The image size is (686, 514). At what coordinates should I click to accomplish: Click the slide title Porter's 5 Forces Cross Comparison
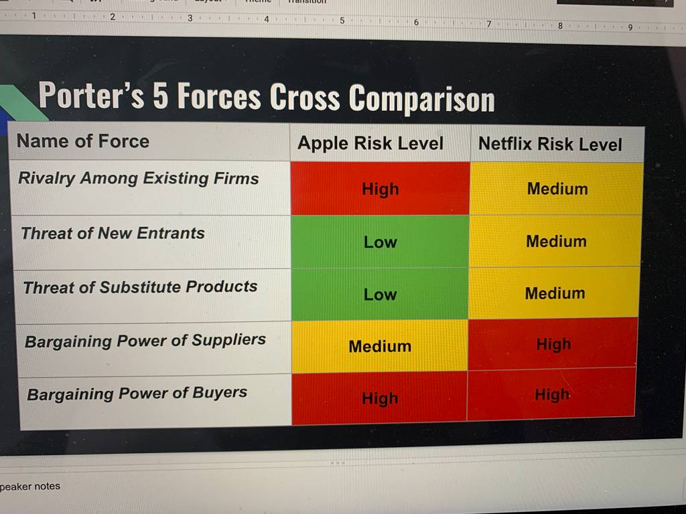click(267, 97)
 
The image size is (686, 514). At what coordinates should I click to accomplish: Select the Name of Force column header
click(83, 141)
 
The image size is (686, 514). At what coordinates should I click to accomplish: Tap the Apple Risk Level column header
click(370, 143)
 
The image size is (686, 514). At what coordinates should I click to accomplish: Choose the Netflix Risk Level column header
click(550, 144)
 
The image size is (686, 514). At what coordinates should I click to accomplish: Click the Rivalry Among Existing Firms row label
click(139, 178)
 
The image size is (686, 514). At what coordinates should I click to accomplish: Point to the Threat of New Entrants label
click(113, 233)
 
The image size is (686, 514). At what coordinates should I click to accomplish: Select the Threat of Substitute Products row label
click(141, 287)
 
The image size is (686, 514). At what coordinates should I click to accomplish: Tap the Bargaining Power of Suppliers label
click(145, 341)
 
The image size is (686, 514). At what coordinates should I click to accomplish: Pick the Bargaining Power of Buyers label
click(137, 394)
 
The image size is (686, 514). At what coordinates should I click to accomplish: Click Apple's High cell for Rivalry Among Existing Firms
click(381, 188)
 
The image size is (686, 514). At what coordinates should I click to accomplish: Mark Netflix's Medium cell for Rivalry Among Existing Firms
click(557, 188)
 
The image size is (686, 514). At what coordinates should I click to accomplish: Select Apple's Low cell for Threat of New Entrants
click(380, 242)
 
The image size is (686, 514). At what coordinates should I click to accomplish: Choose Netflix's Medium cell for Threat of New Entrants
click(555, 241)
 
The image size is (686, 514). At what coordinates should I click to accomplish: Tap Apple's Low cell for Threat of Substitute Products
click(380, 294)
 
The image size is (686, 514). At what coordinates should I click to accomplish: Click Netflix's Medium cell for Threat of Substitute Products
click(554, 293)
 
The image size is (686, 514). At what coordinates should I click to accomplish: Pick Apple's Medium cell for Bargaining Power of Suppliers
click(380, 346)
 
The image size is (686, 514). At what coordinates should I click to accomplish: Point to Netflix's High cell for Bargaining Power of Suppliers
click(553, 344)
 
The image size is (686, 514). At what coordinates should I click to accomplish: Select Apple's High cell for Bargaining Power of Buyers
click(379, 398)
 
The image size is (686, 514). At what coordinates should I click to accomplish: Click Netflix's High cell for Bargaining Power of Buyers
click(551, 395)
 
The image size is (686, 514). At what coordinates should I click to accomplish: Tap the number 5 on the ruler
click(342, 21)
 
